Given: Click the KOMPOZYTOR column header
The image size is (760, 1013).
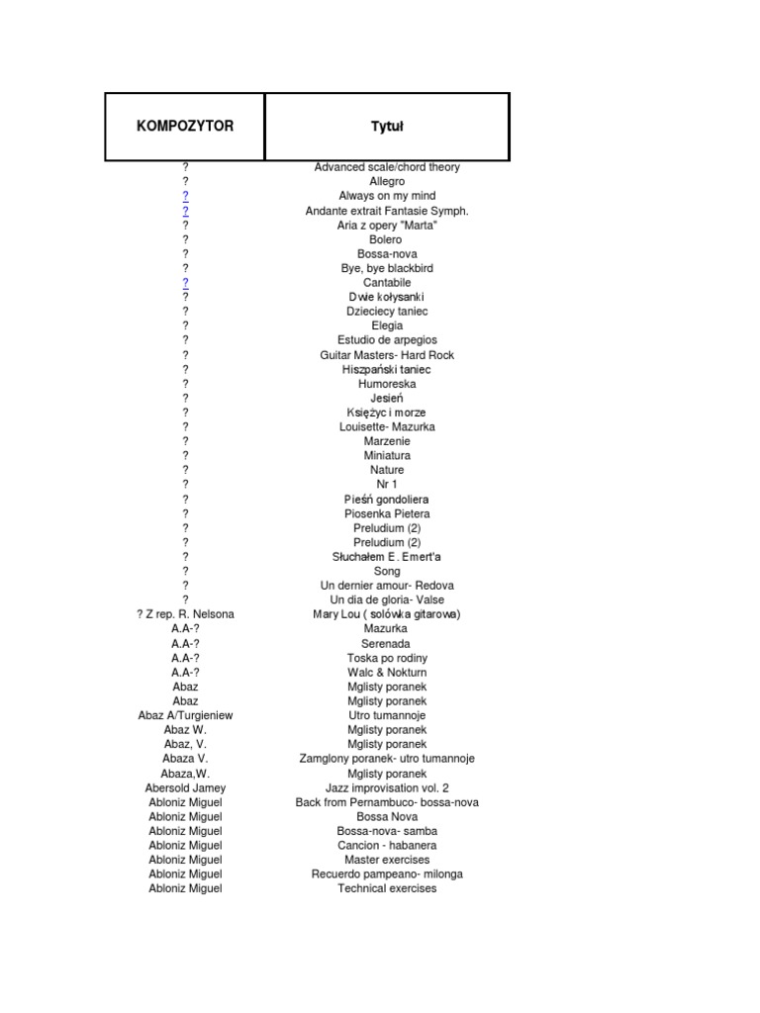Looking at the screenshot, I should (185, 127).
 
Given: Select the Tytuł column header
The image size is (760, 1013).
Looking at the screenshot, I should (387, 127).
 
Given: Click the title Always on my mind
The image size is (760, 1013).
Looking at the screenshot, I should (387, 196).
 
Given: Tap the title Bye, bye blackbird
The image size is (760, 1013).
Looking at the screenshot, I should (387, 268).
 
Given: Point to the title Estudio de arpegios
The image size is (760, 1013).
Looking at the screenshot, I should (387, 340).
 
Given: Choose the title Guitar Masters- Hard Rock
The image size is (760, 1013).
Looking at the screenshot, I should (387, 355).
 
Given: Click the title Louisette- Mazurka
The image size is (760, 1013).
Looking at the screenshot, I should (387, 427).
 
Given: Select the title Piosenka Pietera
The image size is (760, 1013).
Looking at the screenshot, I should (387, 514).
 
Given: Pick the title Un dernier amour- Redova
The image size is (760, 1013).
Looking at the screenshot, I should (387, 586).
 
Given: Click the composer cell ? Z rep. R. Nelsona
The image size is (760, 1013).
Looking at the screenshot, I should (185, 614).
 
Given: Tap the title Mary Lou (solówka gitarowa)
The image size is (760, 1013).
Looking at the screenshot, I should (387, 614).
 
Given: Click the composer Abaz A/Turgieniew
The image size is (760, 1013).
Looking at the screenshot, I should (185, 715).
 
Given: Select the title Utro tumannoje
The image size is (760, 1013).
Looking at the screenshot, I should (387, 715).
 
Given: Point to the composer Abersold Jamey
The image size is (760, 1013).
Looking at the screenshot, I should (185, 788).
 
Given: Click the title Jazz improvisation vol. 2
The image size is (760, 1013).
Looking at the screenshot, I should (387, 788).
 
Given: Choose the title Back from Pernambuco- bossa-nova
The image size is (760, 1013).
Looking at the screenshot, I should (387, 802).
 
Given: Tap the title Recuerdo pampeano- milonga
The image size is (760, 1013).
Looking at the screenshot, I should (387, 875).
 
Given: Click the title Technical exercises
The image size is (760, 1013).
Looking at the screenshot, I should (387, 888).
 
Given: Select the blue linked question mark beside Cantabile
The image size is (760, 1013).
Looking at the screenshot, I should (185, 283).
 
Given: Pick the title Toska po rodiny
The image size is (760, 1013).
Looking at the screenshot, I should (387, 658).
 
